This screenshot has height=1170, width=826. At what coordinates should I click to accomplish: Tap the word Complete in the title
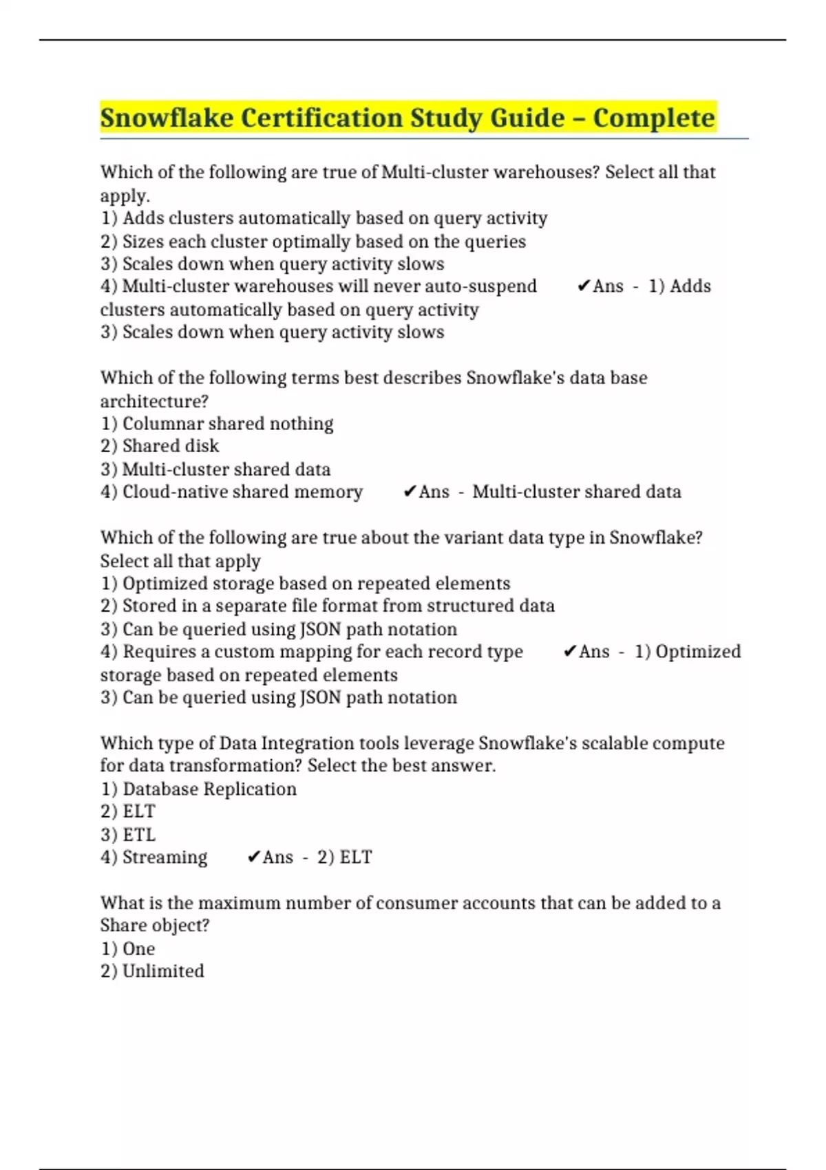pos(654,118)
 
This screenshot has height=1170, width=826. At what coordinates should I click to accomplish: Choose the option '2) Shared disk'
pos(160,446)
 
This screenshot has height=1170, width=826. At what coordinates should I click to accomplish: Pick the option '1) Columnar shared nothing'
pos(217,423)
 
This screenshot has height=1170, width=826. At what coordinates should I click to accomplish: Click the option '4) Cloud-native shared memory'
pos(231,491)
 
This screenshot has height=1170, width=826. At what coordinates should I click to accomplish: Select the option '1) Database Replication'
pos(198,789)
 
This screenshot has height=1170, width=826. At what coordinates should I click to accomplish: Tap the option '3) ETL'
pos(128,834)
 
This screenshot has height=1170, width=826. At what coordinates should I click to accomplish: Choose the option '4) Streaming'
pos(153,857)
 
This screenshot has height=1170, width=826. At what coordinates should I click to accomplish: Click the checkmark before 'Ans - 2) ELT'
pos(253,857)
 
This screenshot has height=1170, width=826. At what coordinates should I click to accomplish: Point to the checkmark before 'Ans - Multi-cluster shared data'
pos(410,491)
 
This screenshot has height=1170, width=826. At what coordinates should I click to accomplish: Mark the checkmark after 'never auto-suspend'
pos(584,286)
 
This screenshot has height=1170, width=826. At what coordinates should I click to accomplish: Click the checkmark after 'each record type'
pos(570,651)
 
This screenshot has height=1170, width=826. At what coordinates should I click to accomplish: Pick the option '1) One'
pos(128,948)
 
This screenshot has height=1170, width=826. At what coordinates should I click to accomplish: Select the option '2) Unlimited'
pos(152,971)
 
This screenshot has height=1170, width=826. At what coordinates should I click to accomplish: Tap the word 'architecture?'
pos(154,401)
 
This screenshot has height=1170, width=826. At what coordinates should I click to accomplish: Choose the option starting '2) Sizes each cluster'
pos(313,242)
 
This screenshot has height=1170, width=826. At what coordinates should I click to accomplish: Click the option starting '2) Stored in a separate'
pos(328,606)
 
